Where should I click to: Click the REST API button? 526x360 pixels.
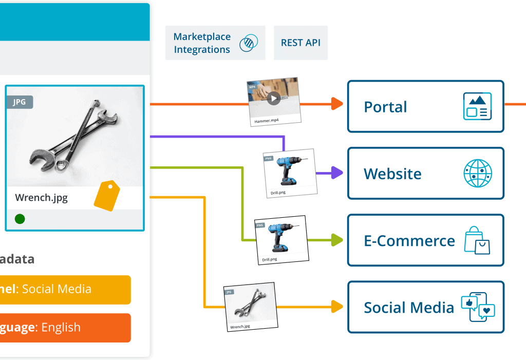click(300, 43)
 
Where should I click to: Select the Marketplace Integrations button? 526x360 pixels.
click(215, 43)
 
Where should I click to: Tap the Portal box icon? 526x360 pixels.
click(477, 106)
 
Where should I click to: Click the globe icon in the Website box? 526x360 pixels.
click(477, 173)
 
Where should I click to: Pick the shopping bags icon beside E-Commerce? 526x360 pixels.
click(477, 240)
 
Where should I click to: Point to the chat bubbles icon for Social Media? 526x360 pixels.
click(478, 307)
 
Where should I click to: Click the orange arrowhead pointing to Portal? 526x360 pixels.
click(337, 104)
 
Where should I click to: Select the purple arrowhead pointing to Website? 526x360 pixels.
click(336, 173)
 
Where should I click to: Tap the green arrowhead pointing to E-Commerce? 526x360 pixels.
click(337, 240)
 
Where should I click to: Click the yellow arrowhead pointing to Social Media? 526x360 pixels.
click(337, 307)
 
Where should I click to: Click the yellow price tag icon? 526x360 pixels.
click(107, 196)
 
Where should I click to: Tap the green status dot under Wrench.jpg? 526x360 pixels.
click(20, 219)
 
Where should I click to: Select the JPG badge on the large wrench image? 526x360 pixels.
click(20, 102)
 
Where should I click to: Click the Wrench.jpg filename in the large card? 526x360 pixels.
click(41, 198)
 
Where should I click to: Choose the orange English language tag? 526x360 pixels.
click(64, 328)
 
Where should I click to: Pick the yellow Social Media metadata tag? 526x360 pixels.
click(64, 289)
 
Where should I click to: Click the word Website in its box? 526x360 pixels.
click(392, 174)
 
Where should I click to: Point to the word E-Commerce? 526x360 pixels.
click(409, 241)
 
